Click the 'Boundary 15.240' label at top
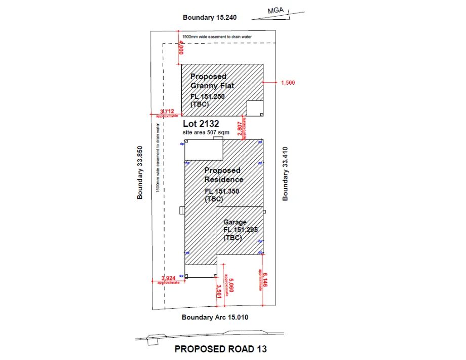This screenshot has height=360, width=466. (x=210, y=17)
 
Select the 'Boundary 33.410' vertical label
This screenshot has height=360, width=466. (x=285, y=173)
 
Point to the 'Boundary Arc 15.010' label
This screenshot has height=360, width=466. (x=215, y=317)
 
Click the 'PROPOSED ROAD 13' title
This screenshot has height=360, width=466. (x=220, y=349)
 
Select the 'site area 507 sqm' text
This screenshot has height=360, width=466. (x=206, y=132)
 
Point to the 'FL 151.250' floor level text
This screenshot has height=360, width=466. (x=207, y=96)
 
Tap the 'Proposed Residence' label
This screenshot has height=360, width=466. (x=223, y=175)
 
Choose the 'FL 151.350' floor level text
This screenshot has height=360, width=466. (x=221, y=191)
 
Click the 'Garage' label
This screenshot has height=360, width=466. (x=235, y=222)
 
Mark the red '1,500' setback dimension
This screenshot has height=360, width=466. (x=287, y=82)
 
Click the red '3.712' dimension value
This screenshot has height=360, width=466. (x=167, y=111)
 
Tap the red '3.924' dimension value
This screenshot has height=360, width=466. (x=168, y=278)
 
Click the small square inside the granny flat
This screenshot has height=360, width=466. (x=254, y=108)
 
